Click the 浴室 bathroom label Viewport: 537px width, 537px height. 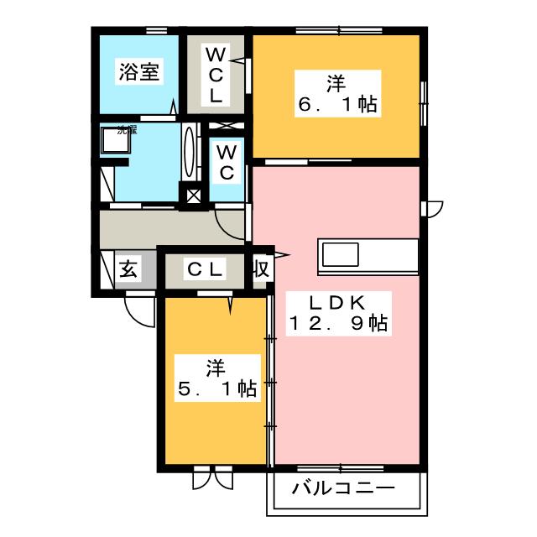pos(139,72)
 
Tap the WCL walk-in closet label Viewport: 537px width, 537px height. pos(216,75)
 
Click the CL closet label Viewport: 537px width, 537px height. pos(204,269)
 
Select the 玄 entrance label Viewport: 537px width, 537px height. pos(128,269)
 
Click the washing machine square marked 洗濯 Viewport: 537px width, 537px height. pos(115,143)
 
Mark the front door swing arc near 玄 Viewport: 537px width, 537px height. pos(139,312)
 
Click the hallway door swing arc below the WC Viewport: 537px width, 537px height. pos(227,223)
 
